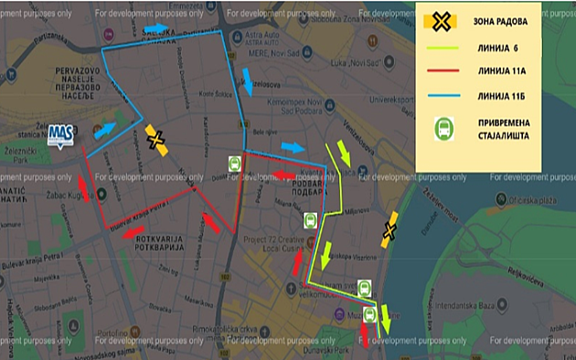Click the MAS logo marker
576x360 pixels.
click(61, 134)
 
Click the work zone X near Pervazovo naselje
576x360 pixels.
click(157, 139)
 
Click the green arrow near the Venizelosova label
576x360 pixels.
click(345, 152)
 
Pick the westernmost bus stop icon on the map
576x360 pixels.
click(235, 164)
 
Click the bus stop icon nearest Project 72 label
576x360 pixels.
click(309, 221)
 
